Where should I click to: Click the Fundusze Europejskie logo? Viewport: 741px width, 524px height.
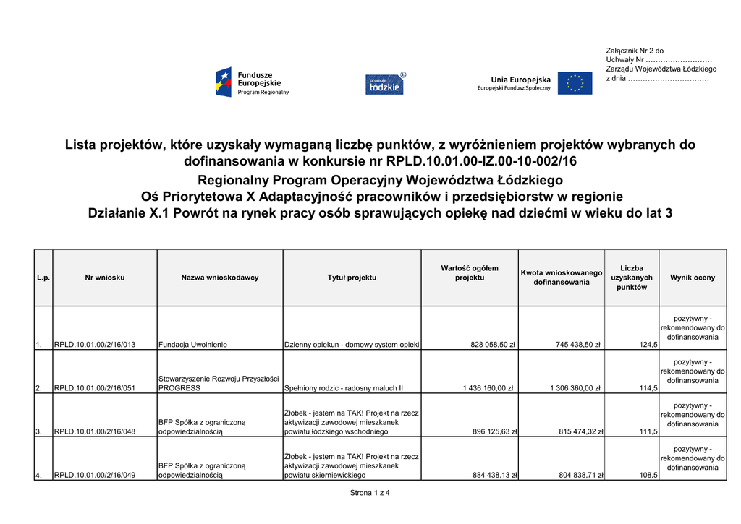click(x=251, y=82)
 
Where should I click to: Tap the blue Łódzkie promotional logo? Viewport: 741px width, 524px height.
click(x=384, y=83)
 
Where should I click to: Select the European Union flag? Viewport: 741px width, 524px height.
click(x=579, y=83)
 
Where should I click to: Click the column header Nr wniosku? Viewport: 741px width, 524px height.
click(x=105, y=278)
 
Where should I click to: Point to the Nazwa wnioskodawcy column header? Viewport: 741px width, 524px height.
click(x=220, y=278)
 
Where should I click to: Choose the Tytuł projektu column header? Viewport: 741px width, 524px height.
click(x=352, y=278)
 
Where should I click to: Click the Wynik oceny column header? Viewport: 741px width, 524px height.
click(x=693, y=278)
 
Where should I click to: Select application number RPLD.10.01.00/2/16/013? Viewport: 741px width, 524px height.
click(x=95, y=345)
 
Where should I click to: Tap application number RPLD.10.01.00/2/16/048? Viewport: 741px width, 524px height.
click(x=95, y=431)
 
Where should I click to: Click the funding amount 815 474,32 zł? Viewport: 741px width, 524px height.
click(x=581, y=431)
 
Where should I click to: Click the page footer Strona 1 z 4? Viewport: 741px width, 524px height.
click(x=370, y=493)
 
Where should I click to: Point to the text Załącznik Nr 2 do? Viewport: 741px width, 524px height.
click(x=635, y=51)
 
